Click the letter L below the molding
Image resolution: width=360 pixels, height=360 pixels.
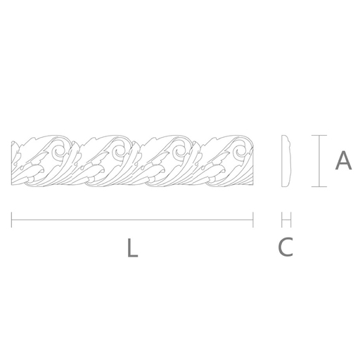[x=132, y=247]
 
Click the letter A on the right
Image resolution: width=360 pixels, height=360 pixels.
[x=343, y=160]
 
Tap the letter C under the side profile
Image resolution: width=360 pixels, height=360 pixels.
[x=285, y=247]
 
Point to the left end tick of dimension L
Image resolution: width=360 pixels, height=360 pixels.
[x=11, y=220]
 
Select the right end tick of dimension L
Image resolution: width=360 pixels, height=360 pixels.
[x=253, y=220]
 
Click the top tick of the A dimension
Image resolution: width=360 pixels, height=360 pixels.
[x=319, y=135]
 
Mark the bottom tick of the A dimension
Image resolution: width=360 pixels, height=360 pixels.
[x=319, y=187]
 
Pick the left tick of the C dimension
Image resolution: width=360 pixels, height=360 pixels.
[x=282, y=220]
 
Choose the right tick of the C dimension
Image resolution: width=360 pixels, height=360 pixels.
[x=291, y=220]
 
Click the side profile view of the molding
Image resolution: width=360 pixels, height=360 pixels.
[x=286, y=161]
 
